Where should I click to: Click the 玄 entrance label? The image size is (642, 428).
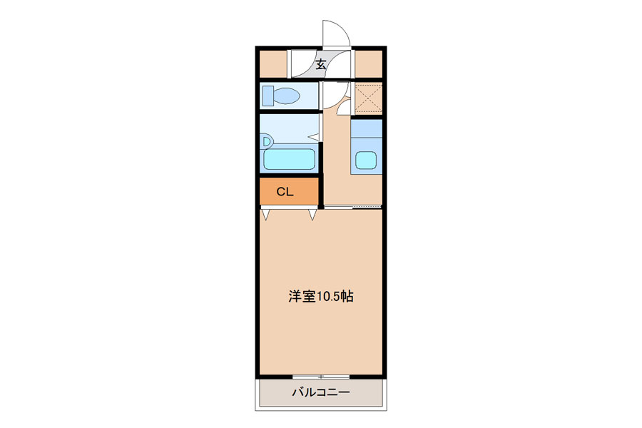[321, 64]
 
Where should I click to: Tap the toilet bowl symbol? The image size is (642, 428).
[286, 96]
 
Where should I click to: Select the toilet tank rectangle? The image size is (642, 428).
[268, 96]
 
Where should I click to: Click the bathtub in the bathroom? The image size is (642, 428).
[289, 159]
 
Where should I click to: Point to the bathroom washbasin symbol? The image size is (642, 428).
[267, 142]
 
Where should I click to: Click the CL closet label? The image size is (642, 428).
[285, 192]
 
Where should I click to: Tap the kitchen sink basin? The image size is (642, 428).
[366, 160]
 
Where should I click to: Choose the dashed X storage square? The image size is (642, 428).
[368, 98]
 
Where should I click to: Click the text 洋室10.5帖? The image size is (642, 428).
[321, 296]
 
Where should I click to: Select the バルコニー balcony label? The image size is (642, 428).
[321, 392]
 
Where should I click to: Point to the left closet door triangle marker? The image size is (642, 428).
[266, 214]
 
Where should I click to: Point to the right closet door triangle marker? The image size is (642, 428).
[312, 214]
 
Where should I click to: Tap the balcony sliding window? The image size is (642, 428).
[321, 377]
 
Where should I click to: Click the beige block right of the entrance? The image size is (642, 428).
[368, 63]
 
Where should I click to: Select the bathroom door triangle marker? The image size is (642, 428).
[314, 137]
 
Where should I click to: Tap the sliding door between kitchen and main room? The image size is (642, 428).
[353, 208]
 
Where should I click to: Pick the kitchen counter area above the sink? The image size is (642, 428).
[367, 128]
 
